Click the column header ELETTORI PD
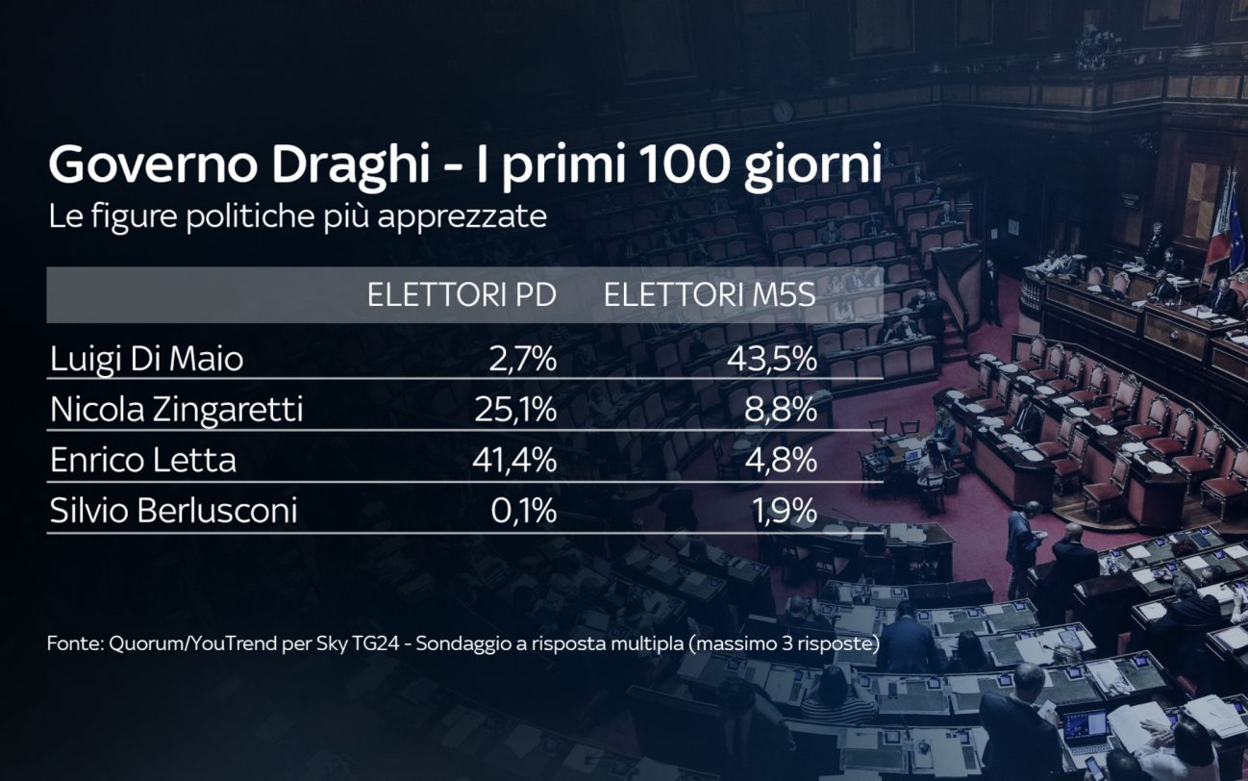462,295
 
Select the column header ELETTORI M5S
710,295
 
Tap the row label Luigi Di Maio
146,360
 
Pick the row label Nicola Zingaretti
176,411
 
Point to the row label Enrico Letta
142,461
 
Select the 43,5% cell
773,360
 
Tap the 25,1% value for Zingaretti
515,411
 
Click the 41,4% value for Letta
515,461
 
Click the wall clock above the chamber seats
783,111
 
